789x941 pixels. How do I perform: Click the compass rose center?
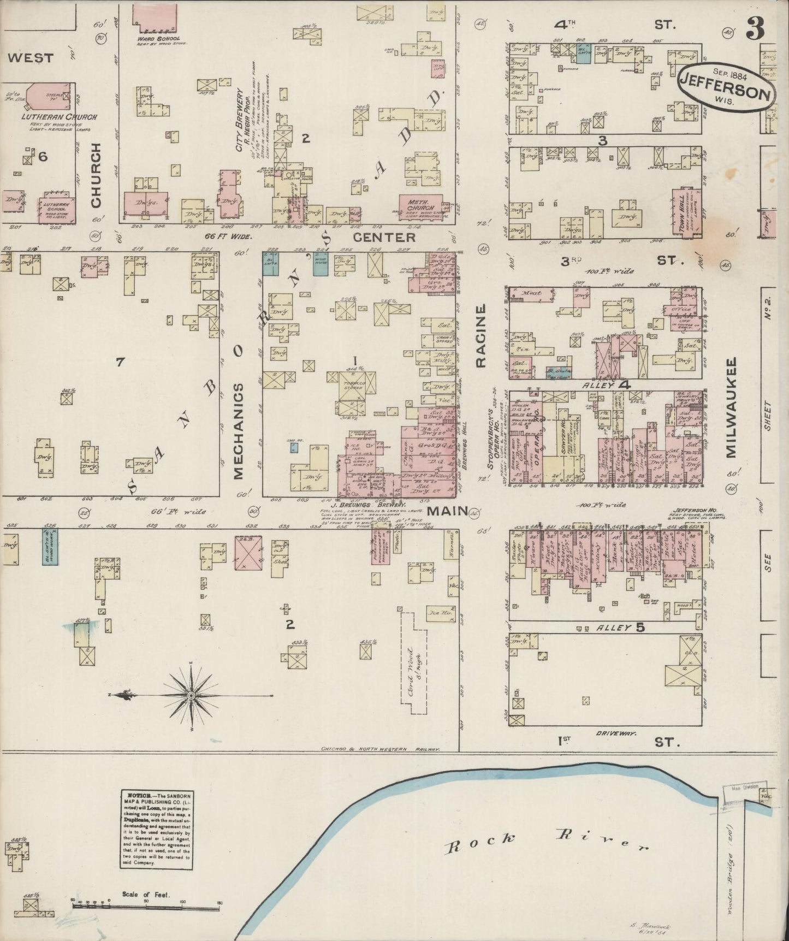[x=192, y=695]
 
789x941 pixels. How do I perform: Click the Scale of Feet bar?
[x=145, y=905]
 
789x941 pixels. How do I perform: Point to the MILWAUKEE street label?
[x=731, y=406]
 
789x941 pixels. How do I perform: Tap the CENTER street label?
[x=384, y=238]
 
